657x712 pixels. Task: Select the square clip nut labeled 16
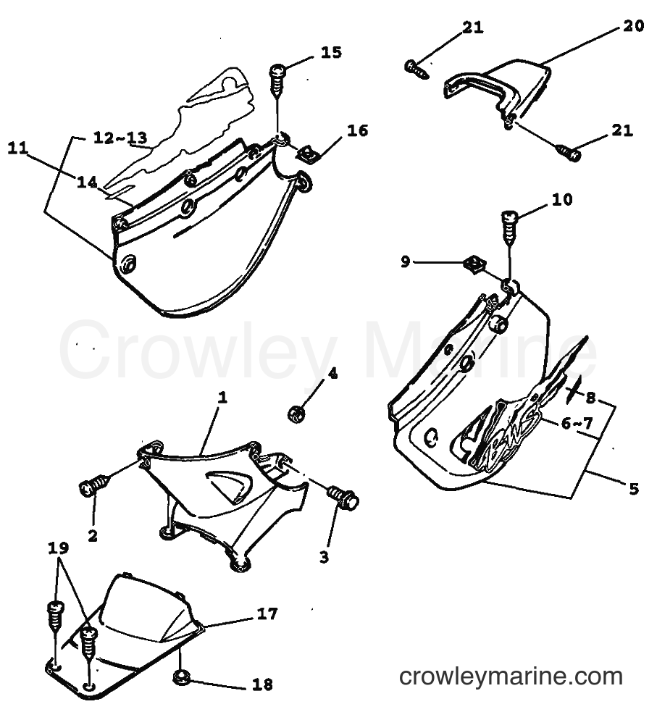(x=307, y=154)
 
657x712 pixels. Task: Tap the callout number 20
(x=633, y=25)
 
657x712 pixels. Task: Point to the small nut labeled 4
(x=296, y=414)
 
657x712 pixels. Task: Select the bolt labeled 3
(x=343, y=497)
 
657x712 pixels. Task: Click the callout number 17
(x=267, y=613)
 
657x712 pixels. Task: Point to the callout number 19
(x=59, y=548)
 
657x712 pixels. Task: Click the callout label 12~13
(x=120, y=137)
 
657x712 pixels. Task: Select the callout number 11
(x=18, y=148)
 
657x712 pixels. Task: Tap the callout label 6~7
(x=577, y=423)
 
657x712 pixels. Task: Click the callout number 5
(x=634, y=488)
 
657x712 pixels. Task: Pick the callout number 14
(x=87, y=182)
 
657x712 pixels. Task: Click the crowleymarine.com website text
(x=511, y=677)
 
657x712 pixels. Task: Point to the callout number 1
(x=222, y=398)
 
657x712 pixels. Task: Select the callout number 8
(x=590, y=398)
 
